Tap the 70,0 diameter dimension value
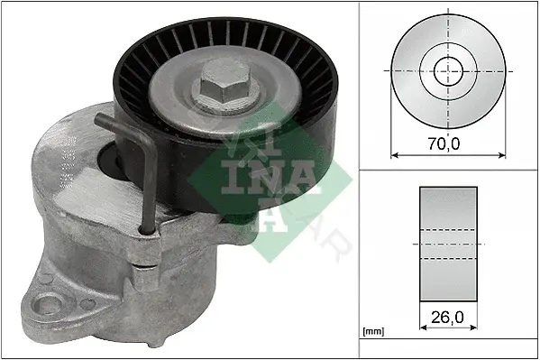pos(444,143)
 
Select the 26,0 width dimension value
pos(447,318)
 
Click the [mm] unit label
pos(373,332)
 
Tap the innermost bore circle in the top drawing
pos(448,71)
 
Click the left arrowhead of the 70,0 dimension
pos(395,155)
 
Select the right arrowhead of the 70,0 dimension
pos(502,155)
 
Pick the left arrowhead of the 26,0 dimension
pos(424,327)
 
